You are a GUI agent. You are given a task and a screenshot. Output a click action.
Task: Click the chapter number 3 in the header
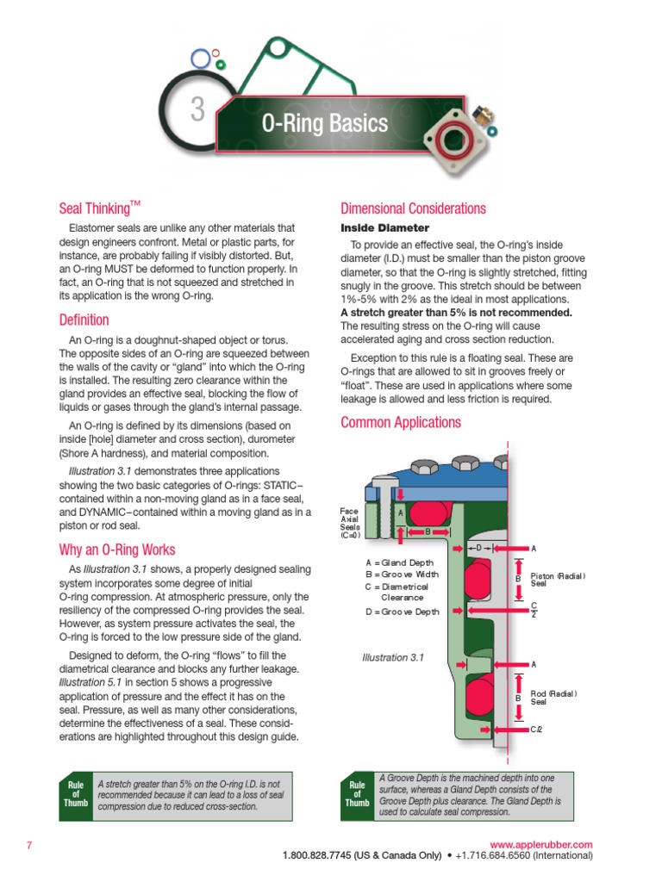[x=198, y=111]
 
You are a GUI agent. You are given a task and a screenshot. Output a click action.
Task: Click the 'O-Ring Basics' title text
[x=325, y=124]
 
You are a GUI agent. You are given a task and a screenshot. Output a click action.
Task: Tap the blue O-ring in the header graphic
[x=201, y=59]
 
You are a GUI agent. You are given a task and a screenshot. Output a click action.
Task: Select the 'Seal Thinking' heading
[x=99, y=208]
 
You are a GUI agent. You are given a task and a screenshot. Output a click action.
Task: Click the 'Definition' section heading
[x=84, y=320]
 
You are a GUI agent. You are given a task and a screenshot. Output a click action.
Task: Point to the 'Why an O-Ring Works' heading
[x=116, y=550]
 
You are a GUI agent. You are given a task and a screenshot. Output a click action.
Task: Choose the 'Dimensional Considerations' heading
[x=413, y=208]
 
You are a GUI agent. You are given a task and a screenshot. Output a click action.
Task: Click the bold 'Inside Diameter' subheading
[x=384, y=228]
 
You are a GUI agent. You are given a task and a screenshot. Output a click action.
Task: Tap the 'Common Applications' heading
[x=400, y=422]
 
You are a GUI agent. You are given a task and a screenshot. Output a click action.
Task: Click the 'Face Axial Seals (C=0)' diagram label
[x=350, y=522]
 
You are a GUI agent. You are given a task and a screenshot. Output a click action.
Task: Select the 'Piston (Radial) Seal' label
[x=558, y=580]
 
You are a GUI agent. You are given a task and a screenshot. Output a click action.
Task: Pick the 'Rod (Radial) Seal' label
[x=553, y=697]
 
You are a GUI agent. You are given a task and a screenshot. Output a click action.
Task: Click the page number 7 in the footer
[x=28, y=845]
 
